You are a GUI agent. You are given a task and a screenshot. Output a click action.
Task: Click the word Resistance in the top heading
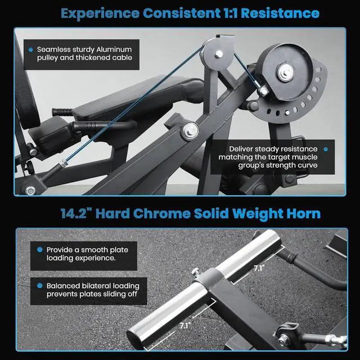[x=280, y=13]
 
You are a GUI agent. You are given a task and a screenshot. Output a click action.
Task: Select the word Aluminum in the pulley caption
[x=114, y=49]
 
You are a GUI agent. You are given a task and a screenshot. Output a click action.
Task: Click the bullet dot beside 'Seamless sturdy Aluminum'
[x=31, y=49]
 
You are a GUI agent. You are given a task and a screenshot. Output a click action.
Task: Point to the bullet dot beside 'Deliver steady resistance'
[x=326, y=149]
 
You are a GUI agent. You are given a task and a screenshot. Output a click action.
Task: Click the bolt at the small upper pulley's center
[x=219, y=54]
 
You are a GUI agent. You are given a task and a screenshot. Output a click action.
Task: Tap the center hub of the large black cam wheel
[x=285, y=73]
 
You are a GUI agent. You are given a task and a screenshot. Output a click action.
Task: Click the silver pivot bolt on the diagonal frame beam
[x=190, y=131]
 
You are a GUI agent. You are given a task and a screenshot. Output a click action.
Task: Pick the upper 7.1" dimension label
[x=259, y=268]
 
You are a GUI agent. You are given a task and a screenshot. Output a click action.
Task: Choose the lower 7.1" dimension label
[x=185, y=326]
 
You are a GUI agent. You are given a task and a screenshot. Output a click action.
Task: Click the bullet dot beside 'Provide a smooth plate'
[x=40, y=250]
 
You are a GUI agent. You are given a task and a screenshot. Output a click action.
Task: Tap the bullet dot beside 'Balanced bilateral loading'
[x=40, y=286]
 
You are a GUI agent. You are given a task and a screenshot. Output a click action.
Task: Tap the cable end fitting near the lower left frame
[x=62, y=164]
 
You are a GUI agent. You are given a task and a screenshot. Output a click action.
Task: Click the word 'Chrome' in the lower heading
[x=162, y=214]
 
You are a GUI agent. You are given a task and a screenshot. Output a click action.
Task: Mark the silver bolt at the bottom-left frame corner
[x=30, y=191]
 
